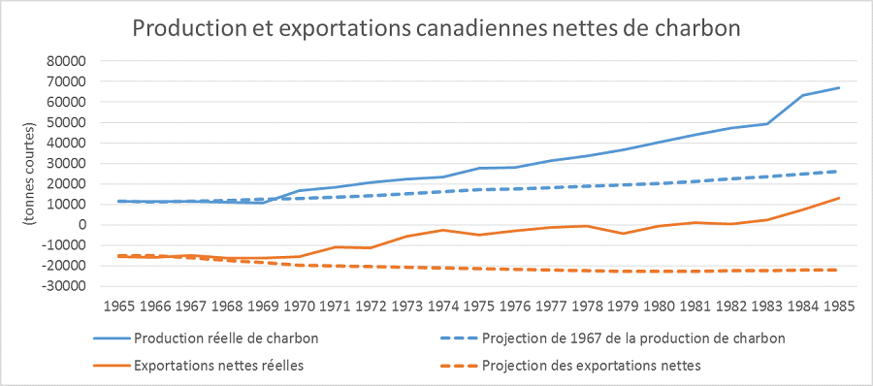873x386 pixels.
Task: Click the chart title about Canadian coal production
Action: [436, 29]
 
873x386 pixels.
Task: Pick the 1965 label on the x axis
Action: [120, 306]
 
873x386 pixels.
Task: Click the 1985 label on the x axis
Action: [838, 306]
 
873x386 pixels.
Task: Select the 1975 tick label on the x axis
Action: [479, 306]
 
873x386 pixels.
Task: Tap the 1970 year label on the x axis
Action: [300, 306]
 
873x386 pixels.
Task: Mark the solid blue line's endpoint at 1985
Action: [839, 87]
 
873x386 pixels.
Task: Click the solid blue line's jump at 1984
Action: [803, 95]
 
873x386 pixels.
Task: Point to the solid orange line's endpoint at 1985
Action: [839, 198]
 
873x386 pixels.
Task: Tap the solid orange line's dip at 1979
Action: [623, 234]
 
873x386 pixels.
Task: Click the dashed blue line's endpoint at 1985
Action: [839, 171]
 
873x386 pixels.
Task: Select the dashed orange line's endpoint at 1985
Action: [839, 270]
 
